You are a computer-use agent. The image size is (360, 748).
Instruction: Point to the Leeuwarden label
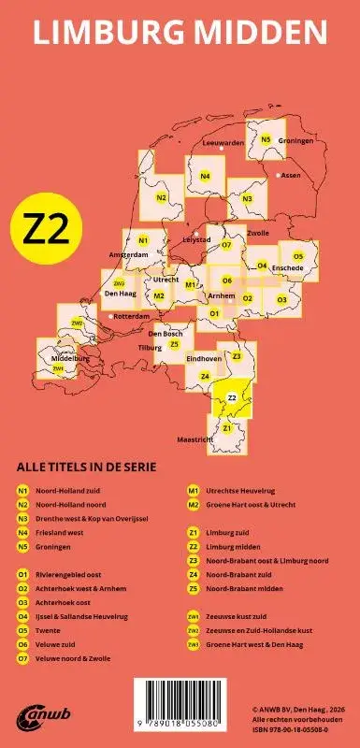(223, 143)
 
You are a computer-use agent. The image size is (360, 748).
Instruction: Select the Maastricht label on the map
(195, 438)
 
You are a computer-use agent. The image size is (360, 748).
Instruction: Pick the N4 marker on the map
(205, 176)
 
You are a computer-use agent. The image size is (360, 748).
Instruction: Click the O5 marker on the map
(298, 255)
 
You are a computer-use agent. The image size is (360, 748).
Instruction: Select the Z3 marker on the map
(238, 356)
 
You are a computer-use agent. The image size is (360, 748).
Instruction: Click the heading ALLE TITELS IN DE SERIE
(86, 467)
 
